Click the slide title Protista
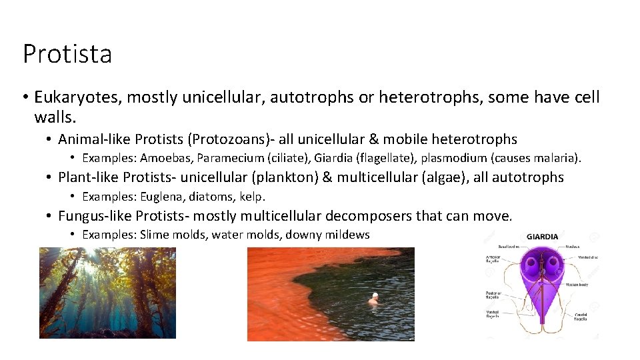(67, 54)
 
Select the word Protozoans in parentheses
(229, 139)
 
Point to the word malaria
(559, 159)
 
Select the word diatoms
(217, 197)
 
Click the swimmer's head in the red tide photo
(375, 295)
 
